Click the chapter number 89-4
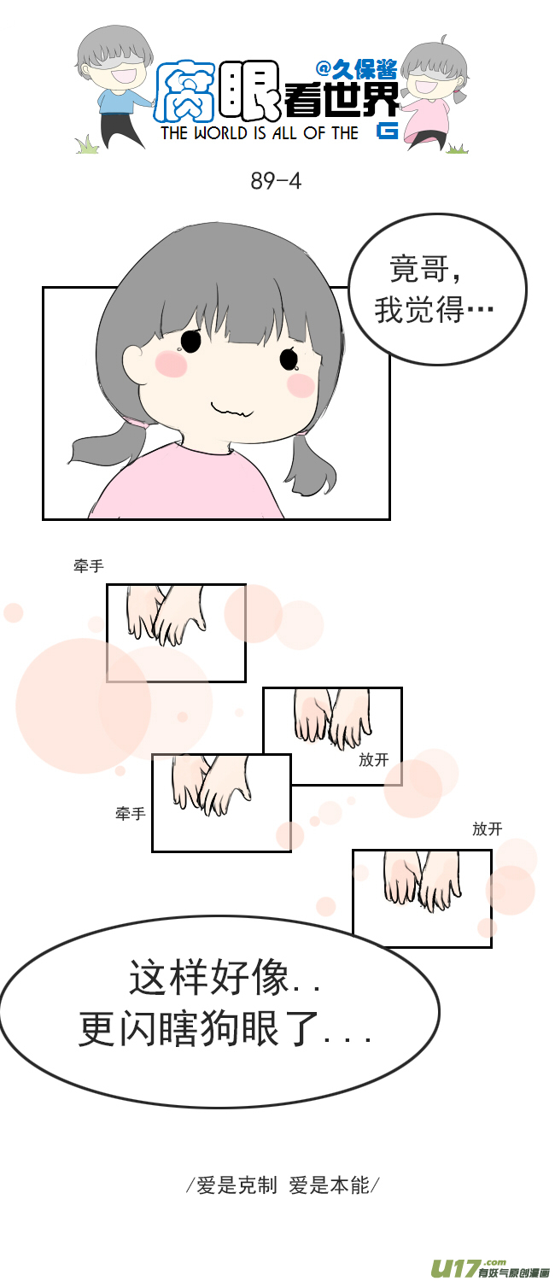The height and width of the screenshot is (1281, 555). (x=276, y=181)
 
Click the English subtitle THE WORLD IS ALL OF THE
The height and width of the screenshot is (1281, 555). (x=260, y=133)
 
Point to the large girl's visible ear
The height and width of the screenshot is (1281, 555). (x=136, y=364)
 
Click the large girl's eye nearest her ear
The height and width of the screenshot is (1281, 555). (x=190, y=342)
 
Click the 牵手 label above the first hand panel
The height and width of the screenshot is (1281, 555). (x=89, y=565)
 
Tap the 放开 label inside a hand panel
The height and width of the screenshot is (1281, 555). (x=373, y=759)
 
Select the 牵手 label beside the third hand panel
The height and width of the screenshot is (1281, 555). (x=131, y=814)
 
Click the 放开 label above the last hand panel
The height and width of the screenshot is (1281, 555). (x=487, y=828)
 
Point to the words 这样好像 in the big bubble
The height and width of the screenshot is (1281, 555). (x=209, y=979)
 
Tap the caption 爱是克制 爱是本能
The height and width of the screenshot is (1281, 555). (x=283, y=1185)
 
